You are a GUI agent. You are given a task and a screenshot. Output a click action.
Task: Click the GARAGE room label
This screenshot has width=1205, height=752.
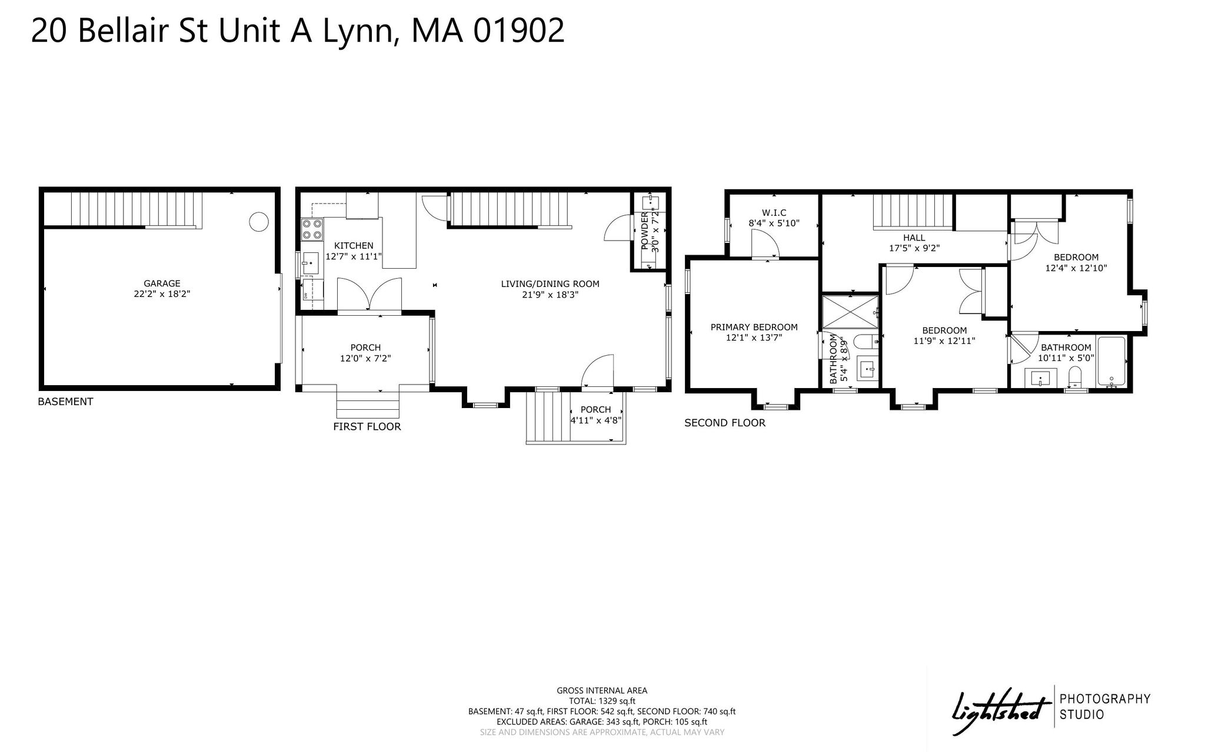[162, 283]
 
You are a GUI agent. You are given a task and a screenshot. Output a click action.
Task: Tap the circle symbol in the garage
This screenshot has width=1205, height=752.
[259, 222]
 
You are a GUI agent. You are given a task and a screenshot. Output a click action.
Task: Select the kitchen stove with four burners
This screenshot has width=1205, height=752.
[312, 229]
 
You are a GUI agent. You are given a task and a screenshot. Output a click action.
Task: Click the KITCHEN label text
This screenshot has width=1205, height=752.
[354, 246]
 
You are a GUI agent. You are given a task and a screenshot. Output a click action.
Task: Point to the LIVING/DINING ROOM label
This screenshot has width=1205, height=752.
[550, 284]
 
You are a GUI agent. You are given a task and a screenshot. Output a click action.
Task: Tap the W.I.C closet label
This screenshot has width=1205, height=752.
[774, 212]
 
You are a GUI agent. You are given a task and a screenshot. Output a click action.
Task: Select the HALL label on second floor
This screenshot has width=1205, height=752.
[914, 238]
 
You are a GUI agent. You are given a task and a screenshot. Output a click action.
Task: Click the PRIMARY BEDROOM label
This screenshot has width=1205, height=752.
[754, 327]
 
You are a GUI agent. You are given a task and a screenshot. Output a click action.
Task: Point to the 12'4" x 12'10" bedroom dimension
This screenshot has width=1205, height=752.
[1076, 268]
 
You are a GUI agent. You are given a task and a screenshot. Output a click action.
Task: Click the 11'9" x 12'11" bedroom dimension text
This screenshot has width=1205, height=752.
[944, 340]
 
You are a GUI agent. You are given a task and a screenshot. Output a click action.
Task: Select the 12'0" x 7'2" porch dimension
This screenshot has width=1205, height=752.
[365, 358]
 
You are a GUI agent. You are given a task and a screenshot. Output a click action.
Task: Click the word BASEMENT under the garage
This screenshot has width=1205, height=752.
[65, 402]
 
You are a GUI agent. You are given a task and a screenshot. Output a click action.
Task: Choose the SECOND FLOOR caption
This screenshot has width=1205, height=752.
[725, 423]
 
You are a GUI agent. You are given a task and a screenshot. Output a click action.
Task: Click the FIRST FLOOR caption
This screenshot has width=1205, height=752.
[367, 427]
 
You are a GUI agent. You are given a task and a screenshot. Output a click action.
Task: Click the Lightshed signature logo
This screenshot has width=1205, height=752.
[1002, 710]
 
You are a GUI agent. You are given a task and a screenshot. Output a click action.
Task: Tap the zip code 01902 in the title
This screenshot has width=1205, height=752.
[519, 31]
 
